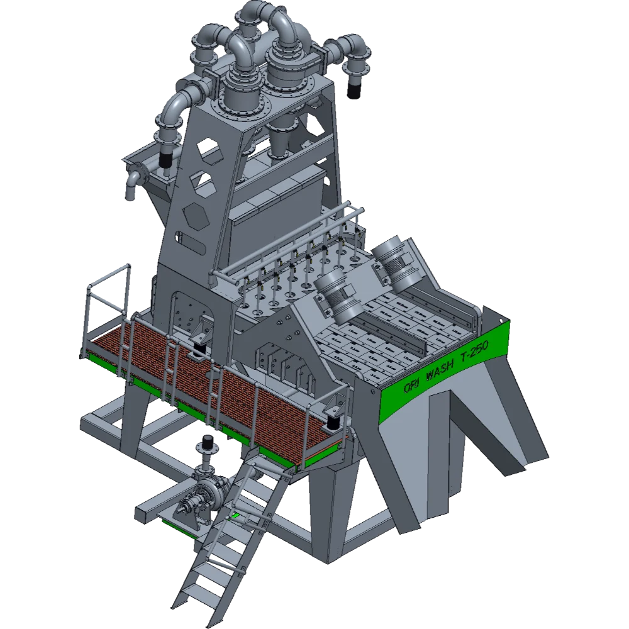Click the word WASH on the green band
(440, 370)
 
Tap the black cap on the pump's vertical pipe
(208, 442)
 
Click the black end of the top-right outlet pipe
(353, 91)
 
